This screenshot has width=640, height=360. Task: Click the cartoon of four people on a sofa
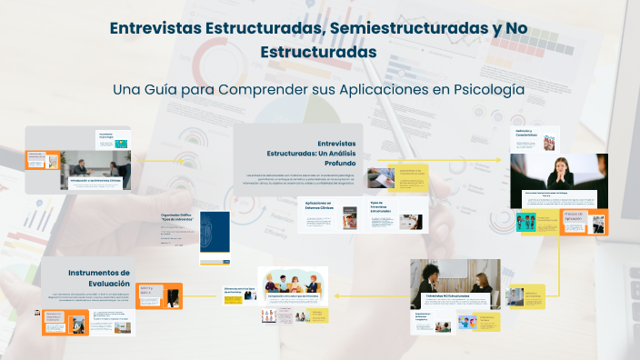pos(292,282)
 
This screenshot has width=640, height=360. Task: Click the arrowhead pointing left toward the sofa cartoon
pos(337,295)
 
